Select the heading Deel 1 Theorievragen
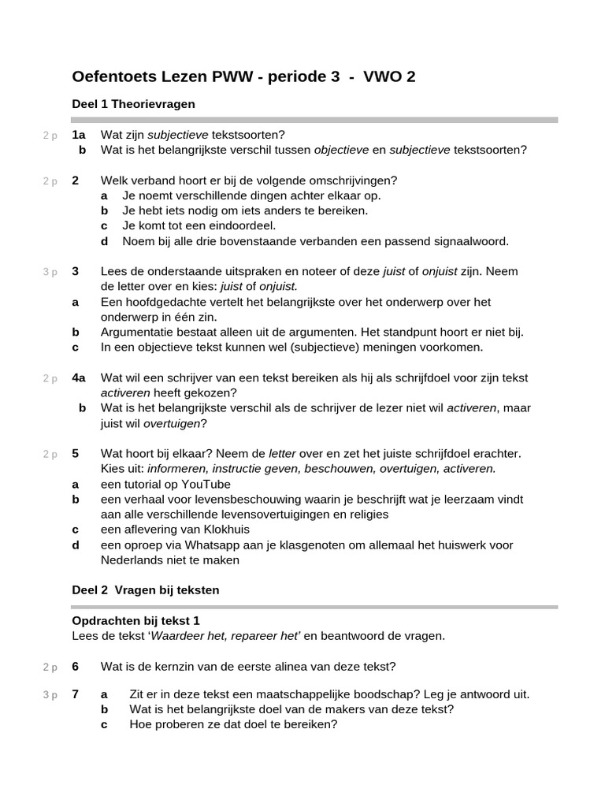133,104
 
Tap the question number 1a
79,135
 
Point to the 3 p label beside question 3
50,272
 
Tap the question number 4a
79,377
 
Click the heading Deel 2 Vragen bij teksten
145,589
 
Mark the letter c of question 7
104,724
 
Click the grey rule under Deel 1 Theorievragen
314,120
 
